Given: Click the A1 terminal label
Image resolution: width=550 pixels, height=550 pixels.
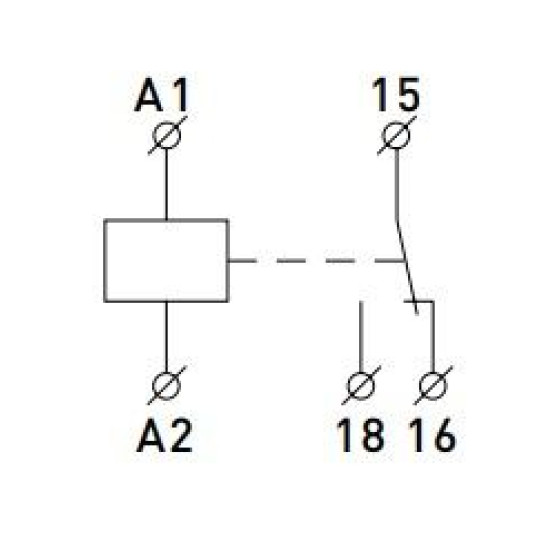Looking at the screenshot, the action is (162, 95).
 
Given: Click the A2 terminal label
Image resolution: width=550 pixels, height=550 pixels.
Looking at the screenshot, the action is (164, 435).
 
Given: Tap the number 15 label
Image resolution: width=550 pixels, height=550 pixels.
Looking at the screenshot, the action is (396, 94).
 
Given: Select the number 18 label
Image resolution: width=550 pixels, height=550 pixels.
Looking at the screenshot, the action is (360, 435).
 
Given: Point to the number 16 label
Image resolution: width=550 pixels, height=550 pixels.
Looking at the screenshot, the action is (433, 435).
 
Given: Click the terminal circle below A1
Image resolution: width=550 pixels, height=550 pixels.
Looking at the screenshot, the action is (167, 135).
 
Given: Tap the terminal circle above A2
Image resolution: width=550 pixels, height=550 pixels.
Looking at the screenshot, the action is (167, 385).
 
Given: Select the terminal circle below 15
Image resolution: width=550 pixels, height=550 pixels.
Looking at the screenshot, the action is (396, 135).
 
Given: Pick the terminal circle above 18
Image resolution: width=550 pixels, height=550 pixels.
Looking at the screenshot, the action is (360, 385).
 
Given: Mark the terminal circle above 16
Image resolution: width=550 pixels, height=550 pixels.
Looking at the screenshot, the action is (433, 385).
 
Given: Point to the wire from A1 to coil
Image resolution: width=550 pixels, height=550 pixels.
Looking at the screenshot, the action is (166, 184).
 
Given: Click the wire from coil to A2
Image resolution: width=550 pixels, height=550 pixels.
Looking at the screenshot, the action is (166, 337).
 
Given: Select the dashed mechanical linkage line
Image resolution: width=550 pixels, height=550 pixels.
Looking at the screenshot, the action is (316, 261).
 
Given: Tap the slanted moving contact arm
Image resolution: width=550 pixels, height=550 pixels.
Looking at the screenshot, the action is (407, 267).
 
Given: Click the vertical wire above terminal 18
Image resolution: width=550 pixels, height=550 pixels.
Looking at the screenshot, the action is (361, 337).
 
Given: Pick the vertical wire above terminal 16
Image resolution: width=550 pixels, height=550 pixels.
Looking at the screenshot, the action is (433, 337).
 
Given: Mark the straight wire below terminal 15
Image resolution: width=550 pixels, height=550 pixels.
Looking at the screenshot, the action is (396, 184).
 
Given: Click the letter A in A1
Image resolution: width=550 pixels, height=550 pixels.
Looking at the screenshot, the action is (149, 95).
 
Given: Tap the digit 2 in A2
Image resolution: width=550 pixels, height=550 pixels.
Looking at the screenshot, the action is (181, 435).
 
